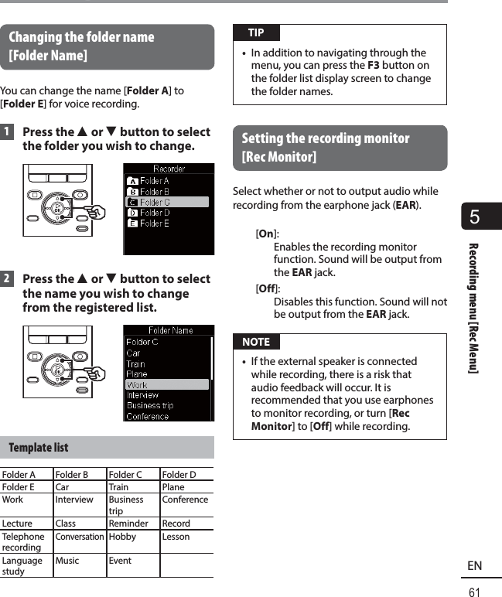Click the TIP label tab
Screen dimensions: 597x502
(256, 32)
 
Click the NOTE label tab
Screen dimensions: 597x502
(256, 342)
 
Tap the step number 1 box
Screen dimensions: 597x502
(7, 132)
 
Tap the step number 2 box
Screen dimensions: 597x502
(7, 279)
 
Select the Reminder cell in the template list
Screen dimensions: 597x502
(128, 524)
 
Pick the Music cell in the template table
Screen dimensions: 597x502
(67, 561)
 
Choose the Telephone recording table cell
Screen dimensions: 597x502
(23, 541)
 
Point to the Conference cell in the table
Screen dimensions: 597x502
(185, 500)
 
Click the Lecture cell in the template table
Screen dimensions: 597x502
(18, 524)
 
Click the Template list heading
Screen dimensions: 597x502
(39, 448)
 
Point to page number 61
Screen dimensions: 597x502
(475, 592)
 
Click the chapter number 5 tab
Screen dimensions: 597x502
(475, 217)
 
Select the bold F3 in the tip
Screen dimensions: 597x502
(373, 66)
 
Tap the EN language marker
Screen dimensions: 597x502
(475, 566)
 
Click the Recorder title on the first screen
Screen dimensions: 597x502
(169, 168)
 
